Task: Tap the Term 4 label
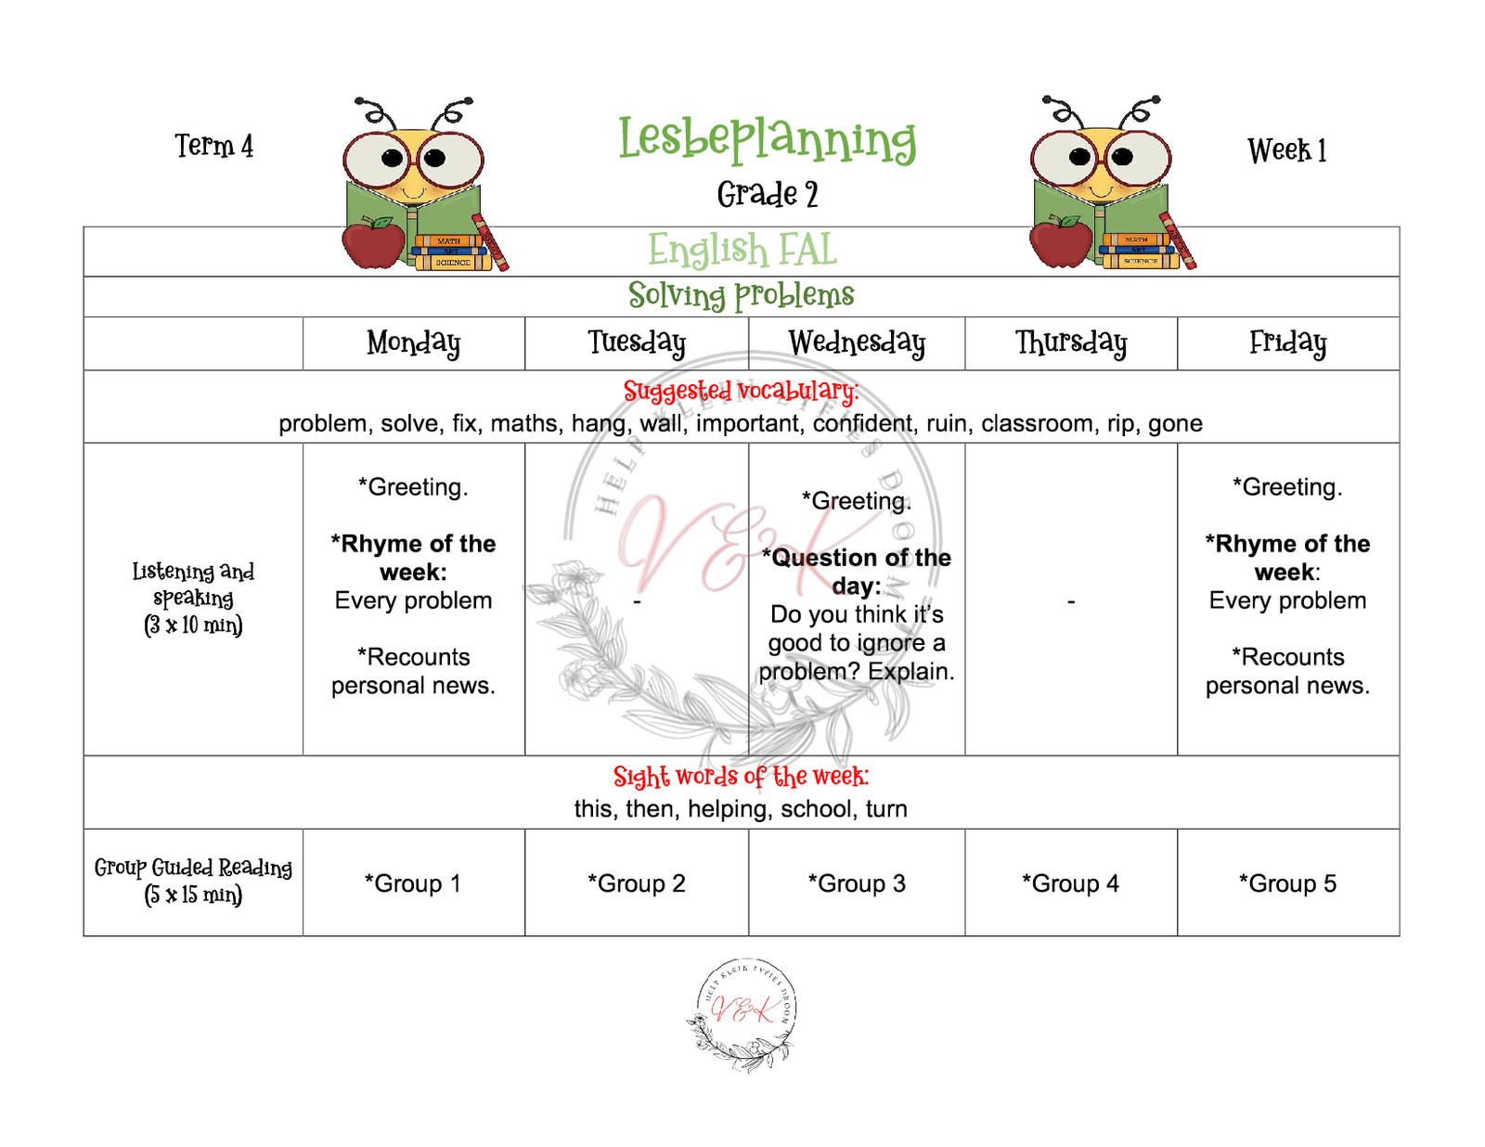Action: [214, 146]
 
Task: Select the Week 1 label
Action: [1286, 149]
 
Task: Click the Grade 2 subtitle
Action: [767, 194]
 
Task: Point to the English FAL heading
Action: [742, 250]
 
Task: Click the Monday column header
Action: [413, 342]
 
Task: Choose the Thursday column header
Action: [1070, 342]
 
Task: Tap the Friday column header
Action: [1287, 342]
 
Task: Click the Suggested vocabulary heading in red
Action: [741, 391]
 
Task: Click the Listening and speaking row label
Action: [193, 598]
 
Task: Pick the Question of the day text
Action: [857, 571]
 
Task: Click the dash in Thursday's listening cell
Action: [1071, 602]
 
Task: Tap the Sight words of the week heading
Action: [741, 776]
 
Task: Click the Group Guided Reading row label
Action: [193, 881]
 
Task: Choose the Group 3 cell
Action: [857, 883]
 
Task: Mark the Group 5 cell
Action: [1287, 883]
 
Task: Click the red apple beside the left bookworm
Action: [373, 243]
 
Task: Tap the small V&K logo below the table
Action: [742, 1013]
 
